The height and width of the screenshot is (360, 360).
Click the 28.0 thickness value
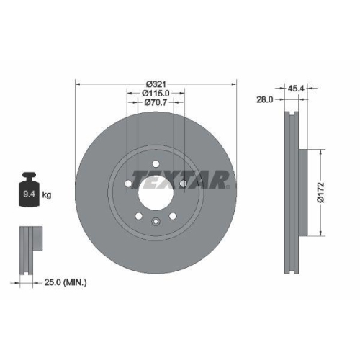pos(264,101)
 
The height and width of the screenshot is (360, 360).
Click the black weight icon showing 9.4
pos(28,191)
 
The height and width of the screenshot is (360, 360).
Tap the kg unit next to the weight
pos(46,194)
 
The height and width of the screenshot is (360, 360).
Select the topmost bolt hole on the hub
pos(155,163)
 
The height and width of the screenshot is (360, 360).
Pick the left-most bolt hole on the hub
pos(127,184)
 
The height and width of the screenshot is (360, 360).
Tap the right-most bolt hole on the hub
pos(182,184)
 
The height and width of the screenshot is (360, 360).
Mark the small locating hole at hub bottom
pos(155,222)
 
